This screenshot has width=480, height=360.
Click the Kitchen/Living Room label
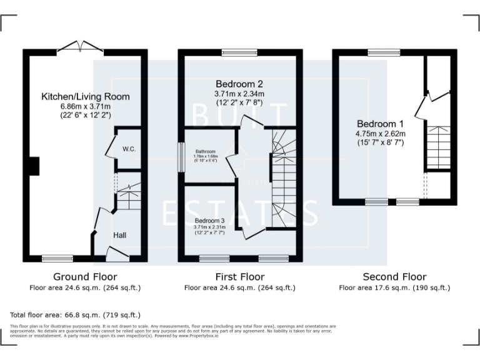(x=86, y=97)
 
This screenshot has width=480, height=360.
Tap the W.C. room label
(x=130, y=149)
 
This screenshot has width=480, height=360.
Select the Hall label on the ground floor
(x=120, y=235)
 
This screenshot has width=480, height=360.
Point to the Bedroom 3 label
(x=209, y=221)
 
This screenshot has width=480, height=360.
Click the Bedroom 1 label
(x=381, y=124)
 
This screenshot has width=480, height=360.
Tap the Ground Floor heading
(x=85, y=276)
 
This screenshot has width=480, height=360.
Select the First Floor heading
(x=239, y=276)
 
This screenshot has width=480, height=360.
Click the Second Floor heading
(x=394, y=276)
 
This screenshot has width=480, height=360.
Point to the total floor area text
(x=76, y=314)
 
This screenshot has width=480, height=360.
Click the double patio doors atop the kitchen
(x=81, y=47)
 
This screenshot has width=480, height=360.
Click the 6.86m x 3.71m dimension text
(x=86, y=106)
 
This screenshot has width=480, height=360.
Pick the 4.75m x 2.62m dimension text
(x=381, y=133)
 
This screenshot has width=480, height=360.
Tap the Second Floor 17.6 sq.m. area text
(x=394, y=288)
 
